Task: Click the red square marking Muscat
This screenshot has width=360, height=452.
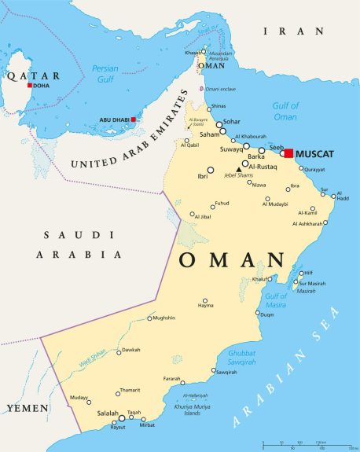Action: point(288,153)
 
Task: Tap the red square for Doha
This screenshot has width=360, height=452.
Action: point(30,85)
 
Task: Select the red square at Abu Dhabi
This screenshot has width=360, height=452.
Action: point(134,119)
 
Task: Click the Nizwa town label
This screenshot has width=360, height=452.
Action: point(257,185)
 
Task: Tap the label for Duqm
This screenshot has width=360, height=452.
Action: point(266,314)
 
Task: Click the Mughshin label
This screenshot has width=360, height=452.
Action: point(163,318)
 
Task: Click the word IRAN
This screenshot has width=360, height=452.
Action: point(293,31)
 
